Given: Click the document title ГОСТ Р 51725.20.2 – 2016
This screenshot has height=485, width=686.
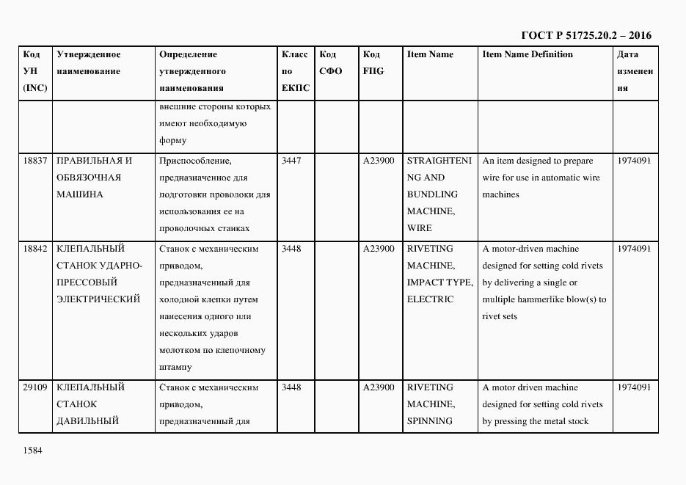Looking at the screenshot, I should [585, 35].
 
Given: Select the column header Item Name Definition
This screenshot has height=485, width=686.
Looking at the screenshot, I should [528, 54].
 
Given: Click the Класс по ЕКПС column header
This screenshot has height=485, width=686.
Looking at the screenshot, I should [295, 71].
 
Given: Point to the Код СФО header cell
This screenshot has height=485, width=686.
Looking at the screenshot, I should [331, 63].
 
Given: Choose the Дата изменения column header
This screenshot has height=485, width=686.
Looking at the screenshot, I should [635, 71].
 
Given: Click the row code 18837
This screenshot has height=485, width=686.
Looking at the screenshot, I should [34, 161].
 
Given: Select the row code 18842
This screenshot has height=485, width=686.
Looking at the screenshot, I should [34, 249].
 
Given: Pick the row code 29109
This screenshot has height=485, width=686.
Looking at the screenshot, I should [34, 387].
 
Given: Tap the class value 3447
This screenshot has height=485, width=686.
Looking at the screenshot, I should [291, 161].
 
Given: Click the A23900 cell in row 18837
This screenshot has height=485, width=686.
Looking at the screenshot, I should [379, 161].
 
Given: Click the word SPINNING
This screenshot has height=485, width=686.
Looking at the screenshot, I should [430, 421].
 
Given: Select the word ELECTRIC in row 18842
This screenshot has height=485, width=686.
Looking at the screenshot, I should [430, 299].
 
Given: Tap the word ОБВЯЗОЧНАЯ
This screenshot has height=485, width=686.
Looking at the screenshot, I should [89, 178].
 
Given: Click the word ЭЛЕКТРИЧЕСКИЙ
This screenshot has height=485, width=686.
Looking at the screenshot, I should [98, 299].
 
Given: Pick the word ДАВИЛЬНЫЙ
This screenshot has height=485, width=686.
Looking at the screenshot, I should [87, 421].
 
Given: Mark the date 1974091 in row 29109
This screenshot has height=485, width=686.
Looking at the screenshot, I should [634, 387].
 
